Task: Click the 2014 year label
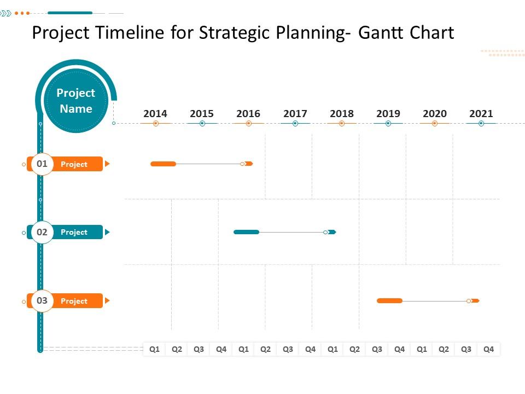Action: tap(155, 114)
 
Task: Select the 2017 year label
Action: tap(295, 114)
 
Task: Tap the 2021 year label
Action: tap(481, 114)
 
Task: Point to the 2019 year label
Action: tap(388, 114)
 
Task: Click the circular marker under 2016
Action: tap(249, 124)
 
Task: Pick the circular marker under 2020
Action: tap(435, 124)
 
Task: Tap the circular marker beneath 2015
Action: tap(202, 124)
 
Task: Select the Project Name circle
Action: tap(76, 101)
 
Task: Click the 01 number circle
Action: tap(42, 164)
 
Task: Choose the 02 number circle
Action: tap(42, 232)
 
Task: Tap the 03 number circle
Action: tap(42, 300)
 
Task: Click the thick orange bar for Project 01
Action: tap(163, 164)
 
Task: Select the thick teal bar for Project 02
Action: tap(246, 232)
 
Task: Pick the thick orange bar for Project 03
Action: tap(389, 300)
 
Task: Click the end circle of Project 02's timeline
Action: tap(325, 232)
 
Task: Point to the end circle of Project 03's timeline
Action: tap(469, 300)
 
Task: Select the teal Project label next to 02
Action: tap(74, 232)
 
